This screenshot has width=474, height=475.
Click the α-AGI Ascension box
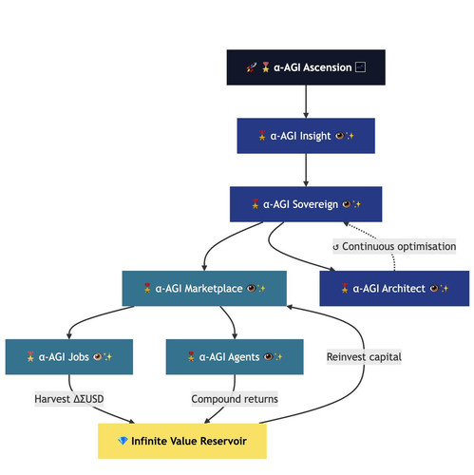(x=306, y=67)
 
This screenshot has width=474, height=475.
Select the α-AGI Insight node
(x=306, y=136)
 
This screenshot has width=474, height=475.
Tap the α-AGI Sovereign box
(x=306, y=204)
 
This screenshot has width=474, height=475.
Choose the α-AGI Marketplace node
(x=204, y=288)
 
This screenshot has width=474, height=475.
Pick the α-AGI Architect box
(x=394, y=288)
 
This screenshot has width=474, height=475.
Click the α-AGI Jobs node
(x=69, y=357)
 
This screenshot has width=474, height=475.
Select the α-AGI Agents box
(x=235, y=357)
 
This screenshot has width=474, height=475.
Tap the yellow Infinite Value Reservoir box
(x=182, y=441)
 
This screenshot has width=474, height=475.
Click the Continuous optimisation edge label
(x=394, y=246)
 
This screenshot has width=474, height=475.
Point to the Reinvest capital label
(x=364, y=357)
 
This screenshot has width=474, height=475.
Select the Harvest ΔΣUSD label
(x=69, y=399)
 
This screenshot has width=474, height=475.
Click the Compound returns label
(x=235, y=399)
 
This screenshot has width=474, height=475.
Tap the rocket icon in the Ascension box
(x=252, y=67)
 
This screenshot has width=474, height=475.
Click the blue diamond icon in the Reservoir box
(x=123, y=441)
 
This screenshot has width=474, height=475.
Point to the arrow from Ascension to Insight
(x=306, y=102)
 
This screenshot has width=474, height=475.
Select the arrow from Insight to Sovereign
(x=306, y=170)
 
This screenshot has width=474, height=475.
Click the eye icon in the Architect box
(x=434, y=288)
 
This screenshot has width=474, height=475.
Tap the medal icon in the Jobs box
(x=30, y=356)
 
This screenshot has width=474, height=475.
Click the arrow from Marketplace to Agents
(x=230, y=321)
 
